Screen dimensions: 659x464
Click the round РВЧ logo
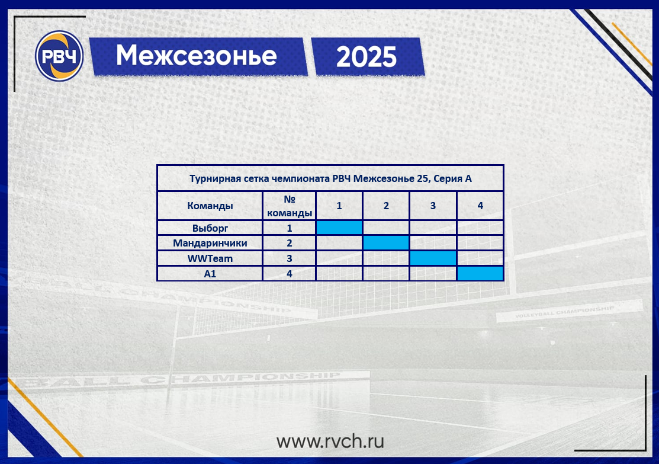pos(59,56)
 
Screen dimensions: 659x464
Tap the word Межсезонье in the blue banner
pos(196,56)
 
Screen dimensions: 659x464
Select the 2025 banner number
pos(367,57)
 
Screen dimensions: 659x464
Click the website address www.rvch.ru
pos(330,441)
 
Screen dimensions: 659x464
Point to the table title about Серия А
pos(330,178)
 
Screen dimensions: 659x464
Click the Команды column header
pos(210,206)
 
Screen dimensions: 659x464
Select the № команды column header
pos(289,206)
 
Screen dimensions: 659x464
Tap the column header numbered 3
pos(433,206)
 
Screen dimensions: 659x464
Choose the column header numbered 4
pos(480,206)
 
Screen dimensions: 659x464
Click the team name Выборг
pos(210,228)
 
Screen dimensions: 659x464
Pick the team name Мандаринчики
pos(210,243)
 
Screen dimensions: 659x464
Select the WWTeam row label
pos(210,258)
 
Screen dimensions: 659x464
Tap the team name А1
pos(210,274)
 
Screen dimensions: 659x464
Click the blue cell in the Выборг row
pos(339,228)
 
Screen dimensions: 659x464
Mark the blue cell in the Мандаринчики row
pos(386,243)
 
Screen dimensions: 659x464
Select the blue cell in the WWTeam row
pos(433,258)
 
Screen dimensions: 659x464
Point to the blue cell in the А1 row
pos(480,273)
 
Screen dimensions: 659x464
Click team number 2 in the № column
pos(289,243)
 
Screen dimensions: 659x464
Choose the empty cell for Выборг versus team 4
pos(480,228)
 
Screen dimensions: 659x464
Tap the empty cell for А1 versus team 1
pos(339,273)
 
